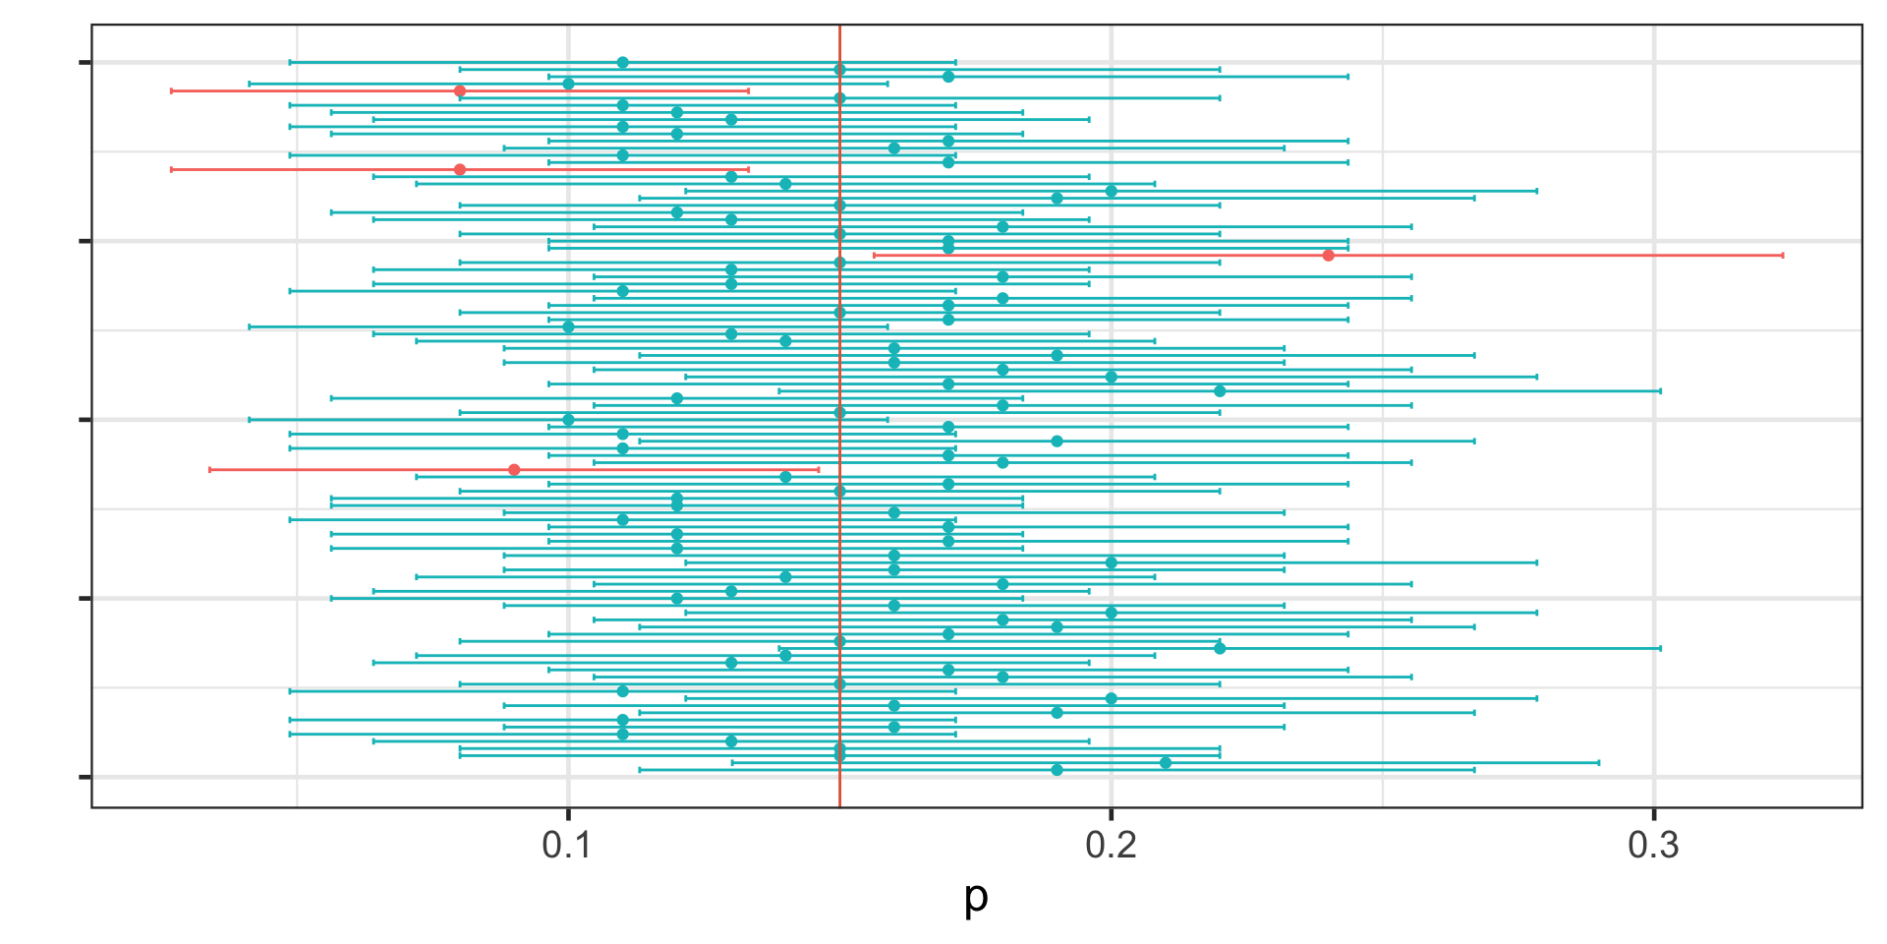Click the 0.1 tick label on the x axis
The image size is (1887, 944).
point(567,844)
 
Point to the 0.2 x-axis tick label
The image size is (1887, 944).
point(1111,844)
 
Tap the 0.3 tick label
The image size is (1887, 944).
point(1653,844)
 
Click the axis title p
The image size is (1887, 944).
point(975,896)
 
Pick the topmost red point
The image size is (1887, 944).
point(460,90)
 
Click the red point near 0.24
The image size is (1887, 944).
point(1328,256)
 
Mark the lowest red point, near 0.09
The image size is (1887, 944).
point(514,470)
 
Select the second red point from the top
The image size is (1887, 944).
point(460,169)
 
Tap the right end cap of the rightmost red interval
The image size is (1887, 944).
point(1782,256)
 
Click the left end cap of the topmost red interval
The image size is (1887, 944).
point(171,90)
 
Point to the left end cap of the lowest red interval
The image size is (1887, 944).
point(209,470)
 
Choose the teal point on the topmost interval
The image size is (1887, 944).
point(622,62)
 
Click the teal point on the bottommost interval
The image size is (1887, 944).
point(1057,770)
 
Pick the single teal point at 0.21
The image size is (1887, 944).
point(1166,762)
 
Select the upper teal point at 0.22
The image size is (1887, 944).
point(1220,390)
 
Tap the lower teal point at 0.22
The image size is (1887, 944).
point(1220,648)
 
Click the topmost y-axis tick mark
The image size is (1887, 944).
point(85,63)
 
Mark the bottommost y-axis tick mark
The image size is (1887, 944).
point(85,777)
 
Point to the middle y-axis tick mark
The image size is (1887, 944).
point(85,420)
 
